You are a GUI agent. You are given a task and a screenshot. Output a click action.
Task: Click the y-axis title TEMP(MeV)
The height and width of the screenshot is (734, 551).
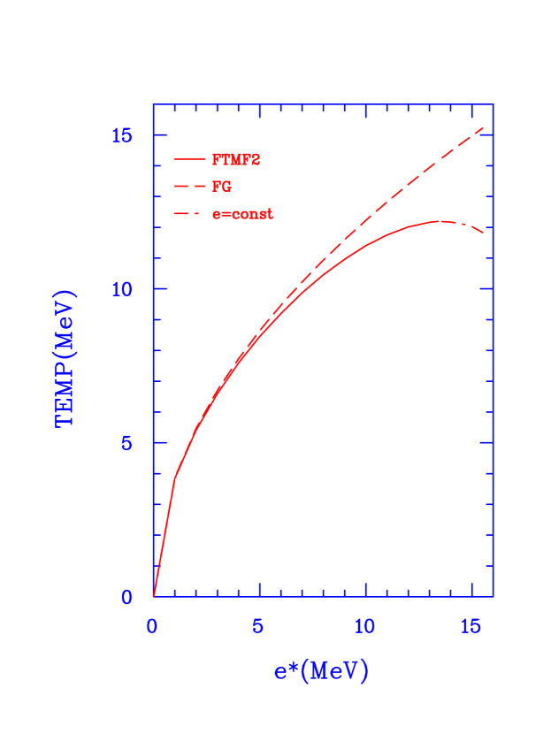[66, 358]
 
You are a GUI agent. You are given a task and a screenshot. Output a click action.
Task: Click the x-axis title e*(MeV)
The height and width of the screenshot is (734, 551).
[320, 671]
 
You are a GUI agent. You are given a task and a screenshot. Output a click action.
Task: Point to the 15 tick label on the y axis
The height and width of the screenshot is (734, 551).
[121, 135]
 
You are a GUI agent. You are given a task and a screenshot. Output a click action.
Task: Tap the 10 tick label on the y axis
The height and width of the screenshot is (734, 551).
[121, 289]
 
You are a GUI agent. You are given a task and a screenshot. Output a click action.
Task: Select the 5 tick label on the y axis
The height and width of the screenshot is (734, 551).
[127, 443]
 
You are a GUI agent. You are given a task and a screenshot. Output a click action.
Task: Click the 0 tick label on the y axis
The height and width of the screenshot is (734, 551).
[127, 597]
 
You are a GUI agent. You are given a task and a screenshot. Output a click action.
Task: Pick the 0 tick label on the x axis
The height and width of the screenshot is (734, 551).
[152, 626]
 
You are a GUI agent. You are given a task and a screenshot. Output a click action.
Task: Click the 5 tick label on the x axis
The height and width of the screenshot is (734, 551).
[258, 626]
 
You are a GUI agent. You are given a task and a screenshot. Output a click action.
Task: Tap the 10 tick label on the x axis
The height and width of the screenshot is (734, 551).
[364, 626]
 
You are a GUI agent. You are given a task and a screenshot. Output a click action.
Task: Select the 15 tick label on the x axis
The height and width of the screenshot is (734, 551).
[471, 626]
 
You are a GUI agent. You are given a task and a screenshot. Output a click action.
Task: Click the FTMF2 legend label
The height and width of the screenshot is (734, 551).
[236, 160]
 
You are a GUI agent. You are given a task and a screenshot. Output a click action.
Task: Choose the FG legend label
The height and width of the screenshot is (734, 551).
[222, 187]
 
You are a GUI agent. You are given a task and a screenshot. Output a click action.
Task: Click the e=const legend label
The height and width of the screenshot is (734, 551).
[242, 214]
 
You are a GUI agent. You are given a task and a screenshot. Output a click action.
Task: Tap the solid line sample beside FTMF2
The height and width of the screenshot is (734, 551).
[189, 160]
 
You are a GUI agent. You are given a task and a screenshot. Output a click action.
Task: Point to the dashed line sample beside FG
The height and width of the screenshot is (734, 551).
[189, 187]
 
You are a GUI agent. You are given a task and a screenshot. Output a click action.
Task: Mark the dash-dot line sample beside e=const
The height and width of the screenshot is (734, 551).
[189, 214]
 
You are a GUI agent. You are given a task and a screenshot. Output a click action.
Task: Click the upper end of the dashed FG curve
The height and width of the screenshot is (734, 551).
[484, 127]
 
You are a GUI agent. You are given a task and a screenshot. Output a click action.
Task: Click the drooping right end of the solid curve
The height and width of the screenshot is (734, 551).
[484, 233]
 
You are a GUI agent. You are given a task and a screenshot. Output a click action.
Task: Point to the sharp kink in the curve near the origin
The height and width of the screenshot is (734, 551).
[174, 477]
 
